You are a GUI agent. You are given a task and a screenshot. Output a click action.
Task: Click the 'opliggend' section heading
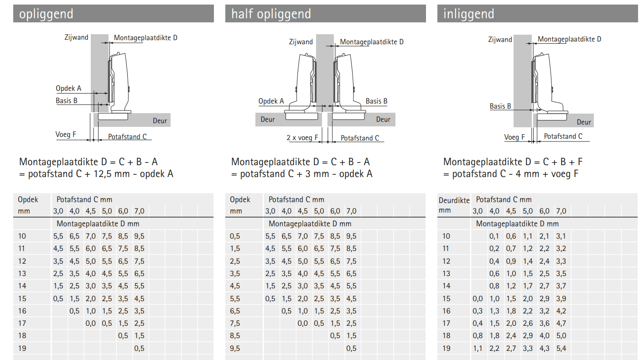tap(46, 14)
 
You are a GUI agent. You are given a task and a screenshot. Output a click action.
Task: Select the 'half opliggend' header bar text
tap(271, 14)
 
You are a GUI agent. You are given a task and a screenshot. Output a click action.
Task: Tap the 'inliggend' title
tap(468, 14)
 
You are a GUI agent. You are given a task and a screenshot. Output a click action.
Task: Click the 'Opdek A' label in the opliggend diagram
tap(68, 88)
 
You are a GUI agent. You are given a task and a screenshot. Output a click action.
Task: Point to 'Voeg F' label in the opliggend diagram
tap(66, 135)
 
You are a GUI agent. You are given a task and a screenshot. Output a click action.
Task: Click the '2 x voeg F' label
tap(302, 138)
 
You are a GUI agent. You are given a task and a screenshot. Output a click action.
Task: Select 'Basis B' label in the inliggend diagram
tap(500, 106)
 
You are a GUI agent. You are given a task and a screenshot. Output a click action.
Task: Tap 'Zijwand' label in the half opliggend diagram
tap(301, 42)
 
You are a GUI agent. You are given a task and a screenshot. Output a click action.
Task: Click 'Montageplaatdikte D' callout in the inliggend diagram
tap(569, 39)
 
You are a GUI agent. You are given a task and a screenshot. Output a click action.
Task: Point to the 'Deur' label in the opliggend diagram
tap(160, 121)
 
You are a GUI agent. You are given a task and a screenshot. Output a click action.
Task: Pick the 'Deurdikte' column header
tap(454, 200)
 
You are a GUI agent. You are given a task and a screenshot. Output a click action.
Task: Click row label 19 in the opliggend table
tap(22, 349)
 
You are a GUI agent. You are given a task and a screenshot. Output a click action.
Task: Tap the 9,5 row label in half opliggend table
tap(235, 349)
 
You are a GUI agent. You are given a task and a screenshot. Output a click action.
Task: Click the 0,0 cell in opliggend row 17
tap(91, 323)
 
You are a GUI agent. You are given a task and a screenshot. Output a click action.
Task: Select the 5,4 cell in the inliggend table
tap(561, 349)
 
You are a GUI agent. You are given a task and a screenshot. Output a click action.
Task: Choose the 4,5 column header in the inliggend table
tap(511, 211)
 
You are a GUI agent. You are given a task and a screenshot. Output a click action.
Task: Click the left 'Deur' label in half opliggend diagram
tap(268, 120)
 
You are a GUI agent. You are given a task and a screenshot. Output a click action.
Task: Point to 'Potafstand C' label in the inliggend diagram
tap(563, 136)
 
